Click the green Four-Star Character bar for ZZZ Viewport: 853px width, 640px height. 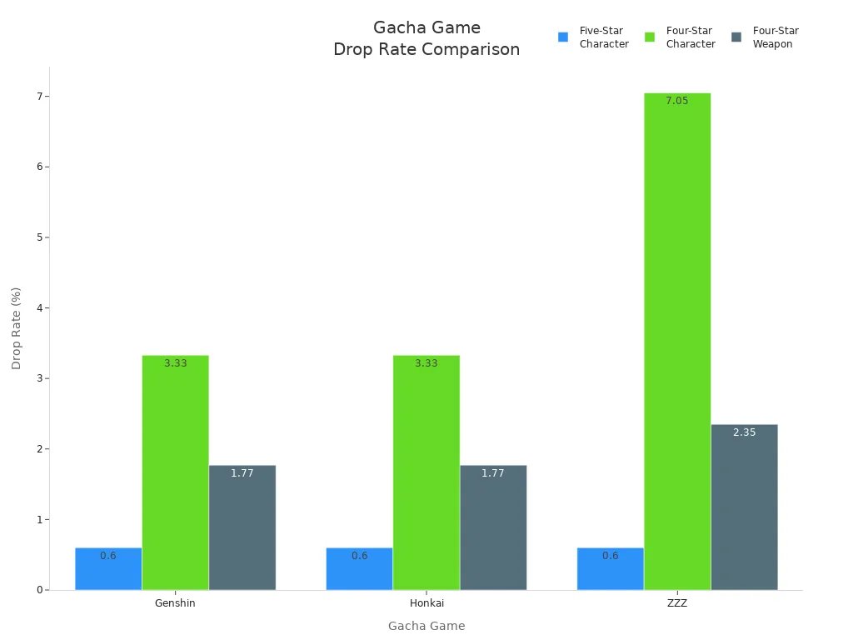tap(676, 342)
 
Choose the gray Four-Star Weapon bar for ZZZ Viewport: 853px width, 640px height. tap(744, 507)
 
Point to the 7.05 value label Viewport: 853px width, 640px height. tap(676, 101)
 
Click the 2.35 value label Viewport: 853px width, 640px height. tap(744, 432)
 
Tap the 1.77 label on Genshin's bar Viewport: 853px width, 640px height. tap(242, 473)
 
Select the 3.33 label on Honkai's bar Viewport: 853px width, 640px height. tap(426, 363)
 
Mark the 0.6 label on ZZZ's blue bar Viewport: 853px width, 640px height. tap(610, 556)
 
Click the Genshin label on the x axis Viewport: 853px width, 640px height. tap(175, 603)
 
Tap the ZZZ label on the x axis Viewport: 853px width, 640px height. tap(676, 603)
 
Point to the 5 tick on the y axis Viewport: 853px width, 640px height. tap(39, 237)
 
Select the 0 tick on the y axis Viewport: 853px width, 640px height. tap(39, 590)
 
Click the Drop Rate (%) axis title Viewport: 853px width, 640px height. tap(17, 328)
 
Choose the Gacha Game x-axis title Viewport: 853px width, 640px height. tap(426, 626)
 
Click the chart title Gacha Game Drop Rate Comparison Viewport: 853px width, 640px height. tap(426, 39)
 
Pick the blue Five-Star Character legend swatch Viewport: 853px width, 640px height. tap(563, 37)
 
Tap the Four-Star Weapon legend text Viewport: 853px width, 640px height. tap(775, 37)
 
